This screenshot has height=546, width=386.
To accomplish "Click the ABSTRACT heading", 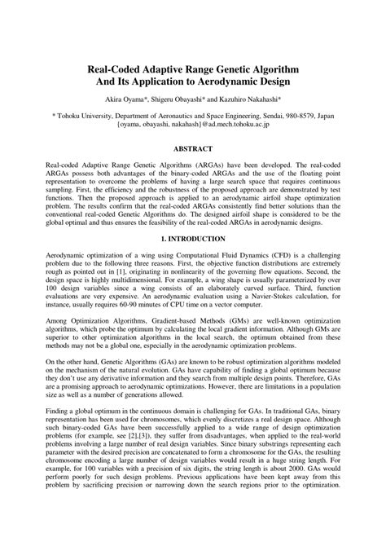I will [192, 149].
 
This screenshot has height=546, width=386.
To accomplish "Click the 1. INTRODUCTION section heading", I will [192, 239].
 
